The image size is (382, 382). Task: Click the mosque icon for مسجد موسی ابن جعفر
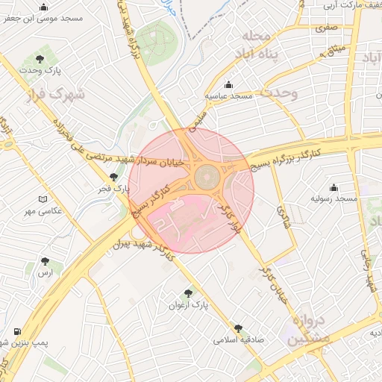[42, 6]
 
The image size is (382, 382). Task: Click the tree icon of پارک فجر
[113, 177]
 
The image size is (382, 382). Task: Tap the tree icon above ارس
[46, 262]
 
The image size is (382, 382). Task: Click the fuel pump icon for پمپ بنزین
[16, 331]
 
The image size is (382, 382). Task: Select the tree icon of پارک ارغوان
[188, 293]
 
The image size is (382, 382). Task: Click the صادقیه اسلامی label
[238, 339]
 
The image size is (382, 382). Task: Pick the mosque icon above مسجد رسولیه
[334, 187]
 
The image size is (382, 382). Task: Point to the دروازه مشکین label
[304, 329]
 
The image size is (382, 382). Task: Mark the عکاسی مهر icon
[43, 199]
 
